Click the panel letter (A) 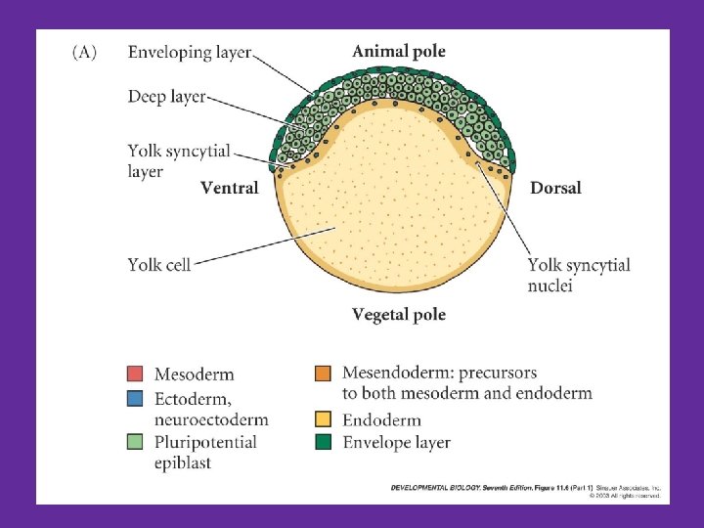[x=84, y=53]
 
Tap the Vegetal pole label [x=398, y=314]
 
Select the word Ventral [x=229, y=188]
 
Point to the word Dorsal [x=555, y=188]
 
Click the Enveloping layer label [x=189, y=53]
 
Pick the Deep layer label [x=166, y=97]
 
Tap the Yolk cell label [x=158, y=264]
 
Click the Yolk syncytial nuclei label [x=578, y=275]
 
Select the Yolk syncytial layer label [x=178, y=160]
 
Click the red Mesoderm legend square [x=135, y=374]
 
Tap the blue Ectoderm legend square [x=135, y=398]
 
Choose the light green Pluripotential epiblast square [x=135, y=442]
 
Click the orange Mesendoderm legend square [x=323, y=374]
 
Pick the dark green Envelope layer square [x=323, y=442]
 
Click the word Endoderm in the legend [x=381, y=420]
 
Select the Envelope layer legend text [x=396, y=443]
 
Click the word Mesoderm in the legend [x=194, y=374]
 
